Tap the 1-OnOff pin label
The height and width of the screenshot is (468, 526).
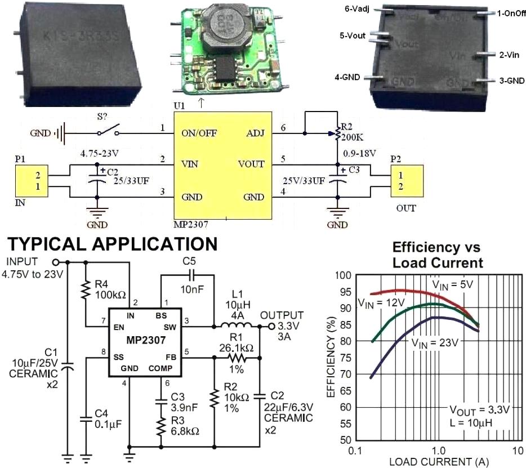[x=501, y=12]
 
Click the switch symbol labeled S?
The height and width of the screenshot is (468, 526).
[x=108, y=132]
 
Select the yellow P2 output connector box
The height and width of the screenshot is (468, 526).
[x=405, y=181]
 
